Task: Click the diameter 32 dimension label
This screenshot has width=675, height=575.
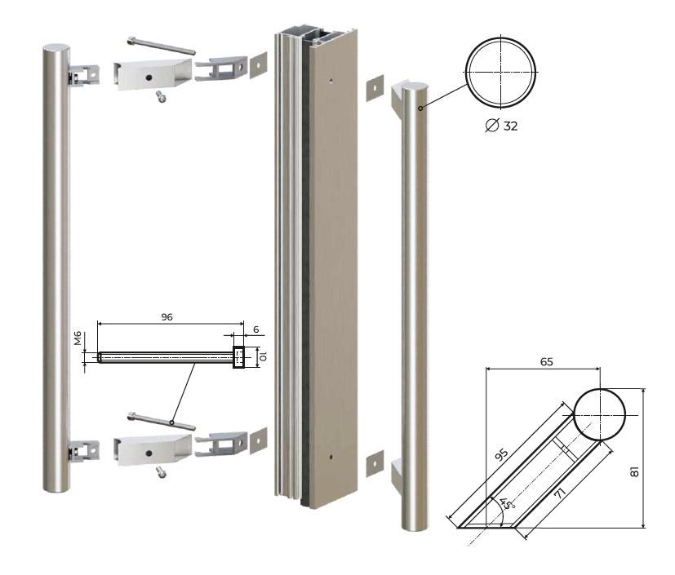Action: [x=501, y=126]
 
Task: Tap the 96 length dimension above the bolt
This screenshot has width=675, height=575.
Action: [x=167, y=317]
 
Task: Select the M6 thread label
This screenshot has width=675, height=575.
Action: [x=78, y=338]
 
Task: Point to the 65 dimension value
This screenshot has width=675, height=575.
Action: [x=546, y=361]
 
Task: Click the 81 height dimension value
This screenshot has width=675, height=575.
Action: [x=634, y=471]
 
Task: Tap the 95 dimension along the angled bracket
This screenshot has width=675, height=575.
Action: [x=501, y=454]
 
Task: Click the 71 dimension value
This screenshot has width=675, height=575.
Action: [x=560, y=493]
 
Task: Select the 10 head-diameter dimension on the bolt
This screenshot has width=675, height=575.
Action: [x=264, y=356]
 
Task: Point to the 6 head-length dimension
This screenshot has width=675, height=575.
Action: [x=256, y=330]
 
